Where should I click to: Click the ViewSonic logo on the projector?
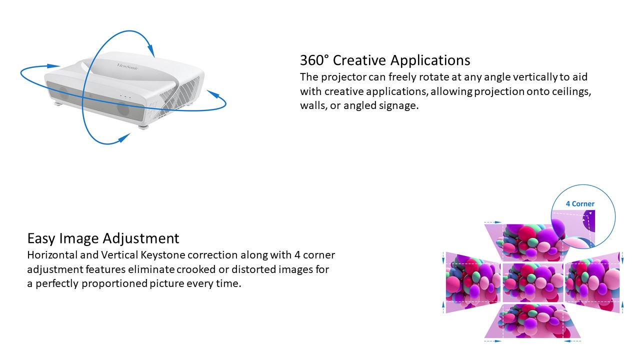pos(127,66)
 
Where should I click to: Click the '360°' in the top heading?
pos(314,60)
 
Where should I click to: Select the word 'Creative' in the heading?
pos(359,60)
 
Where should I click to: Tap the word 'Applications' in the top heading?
pos(430,61)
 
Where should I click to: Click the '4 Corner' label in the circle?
pos(580,203)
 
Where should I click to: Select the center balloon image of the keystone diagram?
pos(533,282)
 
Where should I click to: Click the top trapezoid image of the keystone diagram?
pos(527,242)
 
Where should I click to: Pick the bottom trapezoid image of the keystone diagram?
pos(532,321)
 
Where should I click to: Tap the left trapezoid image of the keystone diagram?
pos(473,282)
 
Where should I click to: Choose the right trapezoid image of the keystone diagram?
pos(592,282)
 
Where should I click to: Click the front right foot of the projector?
pos(143,126)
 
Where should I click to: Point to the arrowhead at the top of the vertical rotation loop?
pos(151,50)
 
